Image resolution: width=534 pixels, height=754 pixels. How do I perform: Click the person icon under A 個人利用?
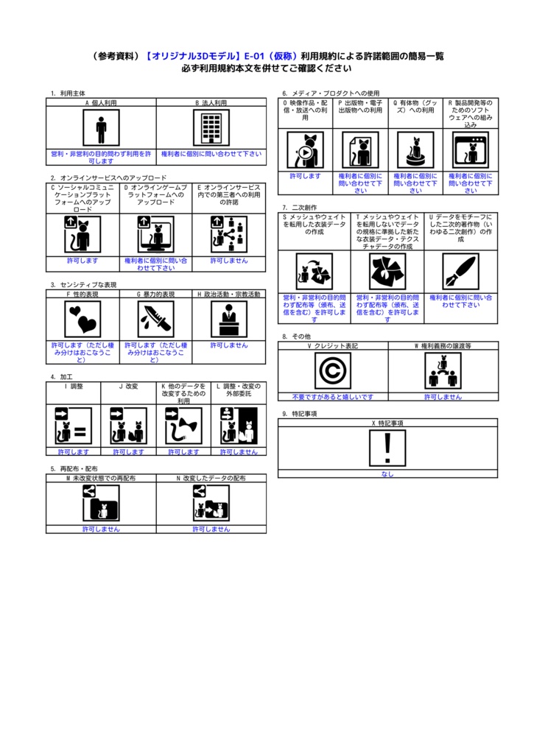tap(101, 129)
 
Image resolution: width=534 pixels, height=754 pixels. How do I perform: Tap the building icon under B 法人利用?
tap(211, 129)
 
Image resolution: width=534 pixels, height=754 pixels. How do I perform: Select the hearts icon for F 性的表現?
tap(82, 319)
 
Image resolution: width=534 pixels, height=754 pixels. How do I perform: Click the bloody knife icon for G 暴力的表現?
tap(155, 319)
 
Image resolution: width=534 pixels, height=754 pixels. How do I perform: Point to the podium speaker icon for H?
tap(229, 319)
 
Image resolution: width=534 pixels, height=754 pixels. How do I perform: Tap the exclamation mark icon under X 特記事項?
tap(387, 448)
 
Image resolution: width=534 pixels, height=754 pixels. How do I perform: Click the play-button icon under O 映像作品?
tap(305, 150)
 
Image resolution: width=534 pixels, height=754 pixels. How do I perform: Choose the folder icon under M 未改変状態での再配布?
tap(101, 504)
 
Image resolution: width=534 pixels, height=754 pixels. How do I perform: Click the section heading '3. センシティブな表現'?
tap(83, 284)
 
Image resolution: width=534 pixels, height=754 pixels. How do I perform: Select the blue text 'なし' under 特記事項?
tap(387, 474)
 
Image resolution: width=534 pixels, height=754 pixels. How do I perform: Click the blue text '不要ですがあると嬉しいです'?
tap(333, 397)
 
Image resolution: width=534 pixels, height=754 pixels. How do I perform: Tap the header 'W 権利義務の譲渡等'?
tap(443, 345)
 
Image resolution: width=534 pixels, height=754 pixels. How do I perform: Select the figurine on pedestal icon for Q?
tap(415, 150)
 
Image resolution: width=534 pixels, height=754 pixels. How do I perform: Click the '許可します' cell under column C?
tap(82, 260)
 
